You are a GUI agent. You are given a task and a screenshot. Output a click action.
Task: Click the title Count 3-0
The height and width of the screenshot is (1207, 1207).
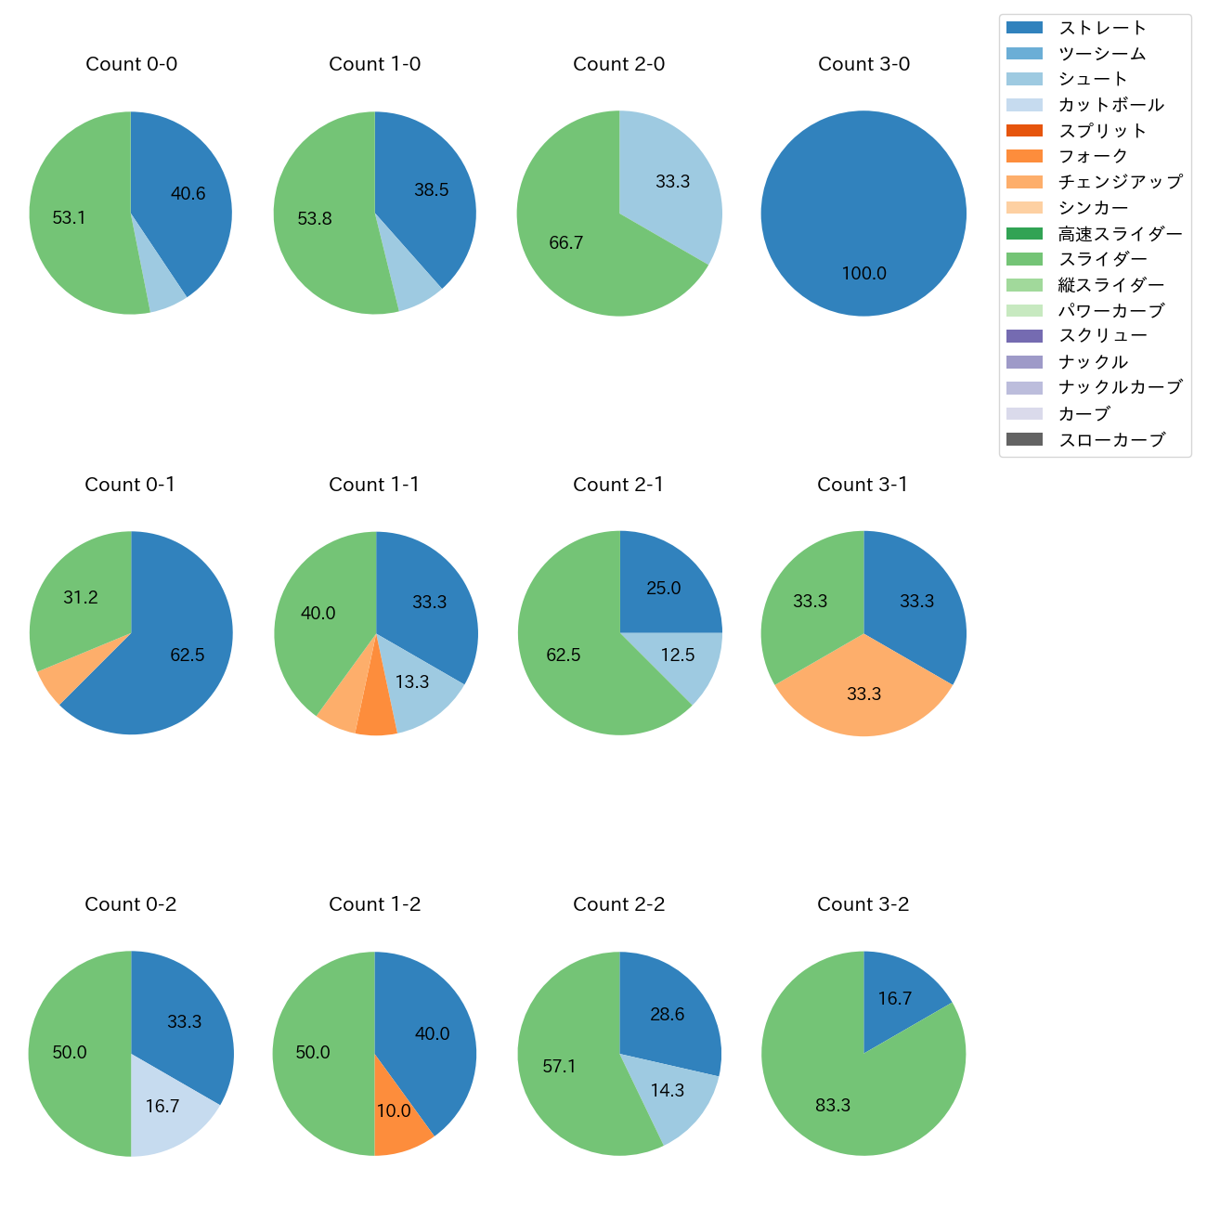point(863,64)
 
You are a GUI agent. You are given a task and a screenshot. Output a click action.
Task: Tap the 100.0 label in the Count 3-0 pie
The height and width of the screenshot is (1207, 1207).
point(863,274)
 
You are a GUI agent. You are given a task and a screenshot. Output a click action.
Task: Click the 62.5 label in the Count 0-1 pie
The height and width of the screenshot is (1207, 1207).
point(187,655)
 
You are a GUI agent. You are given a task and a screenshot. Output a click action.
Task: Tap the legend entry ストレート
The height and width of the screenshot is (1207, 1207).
point(1102,28)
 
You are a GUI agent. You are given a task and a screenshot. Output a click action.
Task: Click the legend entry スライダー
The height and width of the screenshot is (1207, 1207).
point(1102,259)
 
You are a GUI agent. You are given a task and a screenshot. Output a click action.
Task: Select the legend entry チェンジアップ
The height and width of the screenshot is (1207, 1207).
point(1120,182)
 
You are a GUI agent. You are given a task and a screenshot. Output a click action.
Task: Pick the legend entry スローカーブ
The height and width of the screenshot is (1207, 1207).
point(1110,440)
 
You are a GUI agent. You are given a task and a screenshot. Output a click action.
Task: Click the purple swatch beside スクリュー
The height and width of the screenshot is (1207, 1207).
point(1024,336)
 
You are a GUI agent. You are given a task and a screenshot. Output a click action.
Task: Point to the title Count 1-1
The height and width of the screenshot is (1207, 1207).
point(374,485)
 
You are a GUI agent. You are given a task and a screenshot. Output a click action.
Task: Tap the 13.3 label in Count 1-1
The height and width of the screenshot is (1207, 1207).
point(411,682)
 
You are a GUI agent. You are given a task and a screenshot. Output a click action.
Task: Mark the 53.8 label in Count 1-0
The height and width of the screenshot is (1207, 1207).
point(315,219)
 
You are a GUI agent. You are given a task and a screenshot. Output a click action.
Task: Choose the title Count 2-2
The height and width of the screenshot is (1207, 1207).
point(618,904)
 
